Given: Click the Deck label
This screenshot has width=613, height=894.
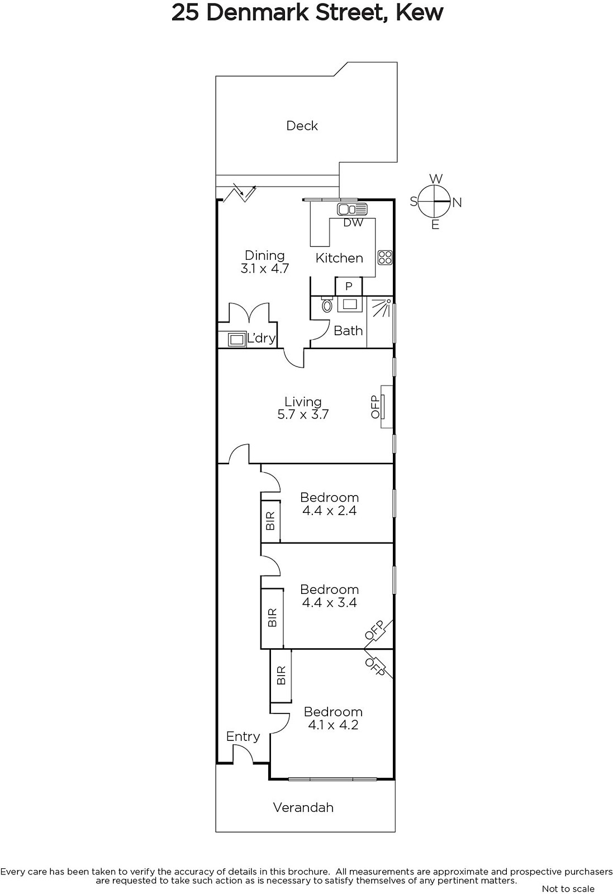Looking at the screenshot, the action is coord(302,126).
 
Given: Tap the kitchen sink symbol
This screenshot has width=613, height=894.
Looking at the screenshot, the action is coord(352,209).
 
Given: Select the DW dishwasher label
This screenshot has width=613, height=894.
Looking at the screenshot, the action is coord(353,223).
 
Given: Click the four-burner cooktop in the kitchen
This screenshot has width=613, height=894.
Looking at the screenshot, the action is coord(385,258).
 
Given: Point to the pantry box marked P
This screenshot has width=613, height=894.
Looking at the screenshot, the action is coord(349,287).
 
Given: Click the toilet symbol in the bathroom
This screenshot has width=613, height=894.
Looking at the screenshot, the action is coord(327,305).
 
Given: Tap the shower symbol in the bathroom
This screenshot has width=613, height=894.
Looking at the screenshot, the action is coord(381,308).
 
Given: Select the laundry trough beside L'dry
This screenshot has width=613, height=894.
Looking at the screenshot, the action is coord(237,339).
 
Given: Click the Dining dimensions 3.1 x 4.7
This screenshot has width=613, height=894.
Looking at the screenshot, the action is coord(265,269).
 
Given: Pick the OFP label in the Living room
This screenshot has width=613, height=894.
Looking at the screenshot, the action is coord(375,407).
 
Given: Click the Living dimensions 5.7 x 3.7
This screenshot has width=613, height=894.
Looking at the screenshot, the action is coord(303,415).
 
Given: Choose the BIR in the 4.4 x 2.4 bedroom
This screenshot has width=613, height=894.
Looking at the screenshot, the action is coord(270,520).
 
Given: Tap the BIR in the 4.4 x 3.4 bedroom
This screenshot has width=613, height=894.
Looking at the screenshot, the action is coord(272,617).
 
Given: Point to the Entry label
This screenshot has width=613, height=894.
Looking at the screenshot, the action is coord(243,736).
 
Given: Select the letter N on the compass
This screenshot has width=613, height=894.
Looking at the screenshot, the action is coord(457,203).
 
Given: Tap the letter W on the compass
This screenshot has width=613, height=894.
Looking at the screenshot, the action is coord(436,178).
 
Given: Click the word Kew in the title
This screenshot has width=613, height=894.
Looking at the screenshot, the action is coord(420,13).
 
